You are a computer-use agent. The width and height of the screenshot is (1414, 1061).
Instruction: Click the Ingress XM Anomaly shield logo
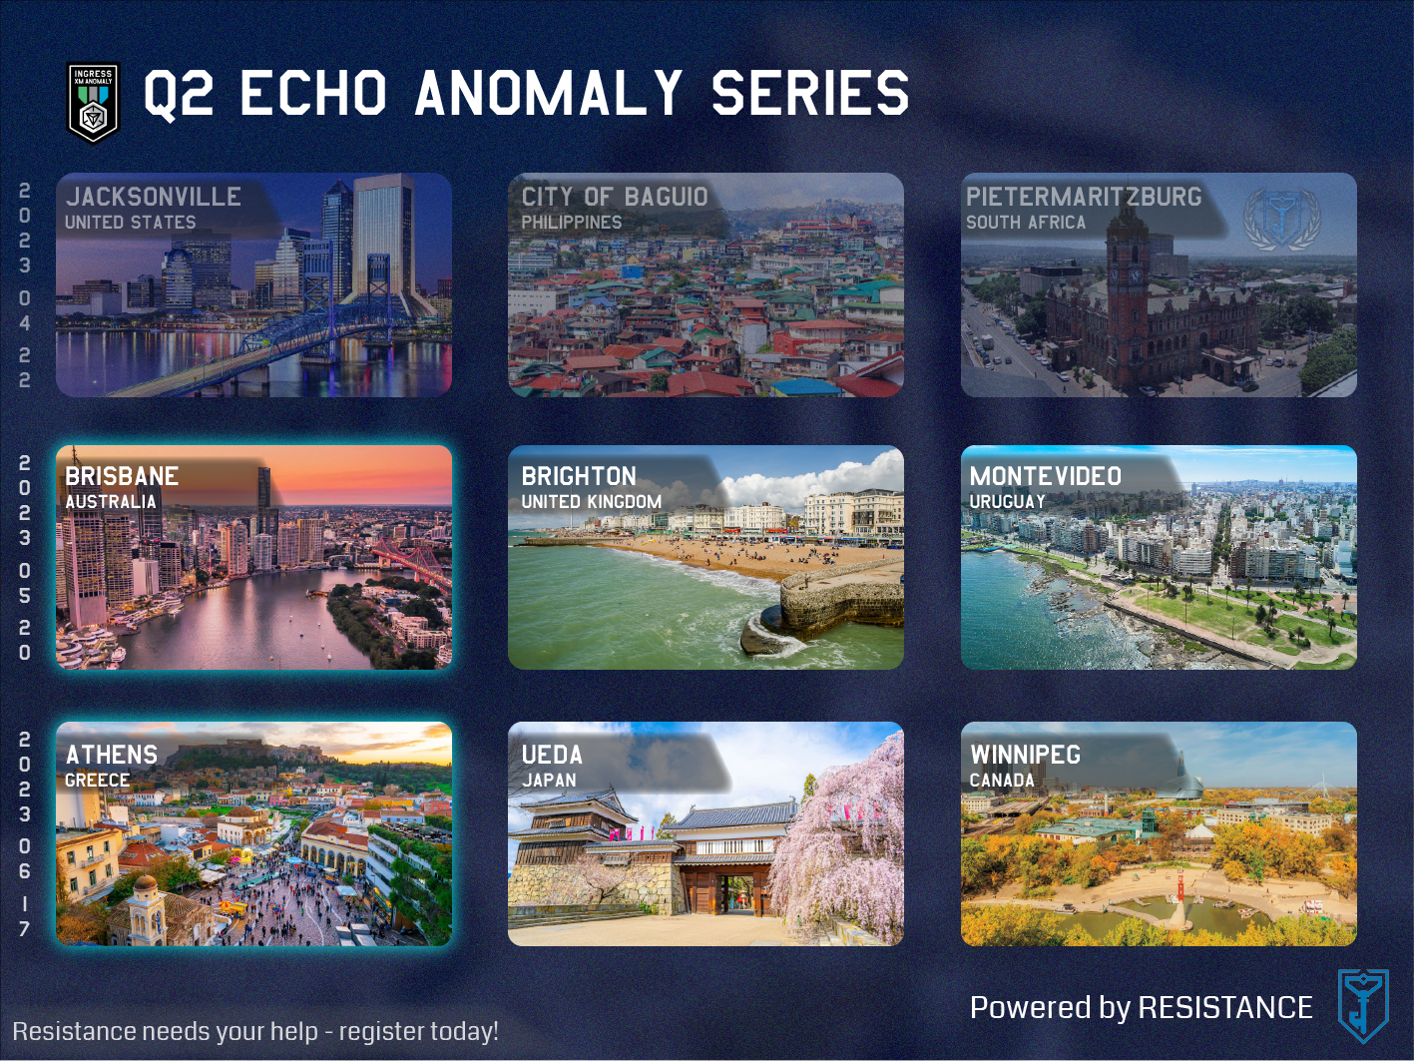pos(94,102)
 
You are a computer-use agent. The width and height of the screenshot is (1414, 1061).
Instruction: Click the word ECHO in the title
pos(313,94)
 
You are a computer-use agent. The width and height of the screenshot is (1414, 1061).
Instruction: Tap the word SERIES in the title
pos(809,94)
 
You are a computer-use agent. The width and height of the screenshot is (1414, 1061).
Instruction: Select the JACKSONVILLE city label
pos(154,197)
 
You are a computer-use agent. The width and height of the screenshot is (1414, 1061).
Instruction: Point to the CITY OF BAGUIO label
pos(615,197)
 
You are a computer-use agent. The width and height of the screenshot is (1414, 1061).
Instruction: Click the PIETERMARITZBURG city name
pos(1084,197)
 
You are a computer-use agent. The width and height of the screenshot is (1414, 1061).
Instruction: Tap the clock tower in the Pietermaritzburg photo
pos(1127,289)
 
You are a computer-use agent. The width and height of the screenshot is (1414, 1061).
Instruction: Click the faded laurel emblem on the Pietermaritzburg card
pos(1282,219)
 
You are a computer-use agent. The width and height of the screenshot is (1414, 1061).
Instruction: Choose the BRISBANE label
pos(122,476)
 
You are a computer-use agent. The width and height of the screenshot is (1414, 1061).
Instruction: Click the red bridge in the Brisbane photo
pos(412,562)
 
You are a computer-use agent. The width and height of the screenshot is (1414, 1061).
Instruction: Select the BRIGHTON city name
pos(579,476)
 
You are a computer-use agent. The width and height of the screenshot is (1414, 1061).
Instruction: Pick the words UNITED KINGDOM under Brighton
pos(592,502)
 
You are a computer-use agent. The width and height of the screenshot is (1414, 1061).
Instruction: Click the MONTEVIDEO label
pos(1046,476)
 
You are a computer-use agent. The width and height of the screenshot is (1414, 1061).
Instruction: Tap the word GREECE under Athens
pos(97,781)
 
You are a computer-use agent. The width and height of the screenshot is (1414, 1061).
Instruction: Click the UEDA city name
pos(552,755)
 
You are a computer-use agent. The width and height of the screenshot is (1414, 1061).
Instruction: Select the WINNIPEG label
pos(1025,755)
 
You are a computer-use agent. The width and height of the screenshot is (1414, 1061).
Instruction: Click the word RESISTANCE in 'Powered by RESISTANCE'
pos(1225,1007)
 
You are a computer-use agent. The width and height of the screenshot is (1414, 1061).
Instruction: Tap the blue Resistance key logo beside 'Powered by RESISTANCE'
pos(1363,1005)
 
